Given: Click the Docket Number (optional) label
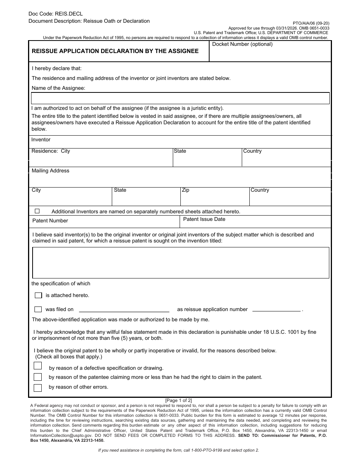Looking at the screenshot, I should click(x=242, y=44).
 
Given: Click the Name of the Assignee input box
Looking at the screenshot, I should click(x=180, y=99).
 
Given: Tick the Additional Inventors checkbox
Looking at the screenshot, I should click(x=37, y=211).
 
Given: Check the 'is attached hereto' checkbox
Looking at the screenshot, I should click(x=38, y=296).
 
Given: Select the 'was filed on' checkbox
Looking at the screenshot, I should click(x=38, y=310).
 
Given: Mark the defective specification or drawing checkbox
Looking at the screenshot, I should click(x=38, y=366).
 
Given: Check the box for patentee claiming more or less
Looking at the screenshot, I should click(x=38, y=377).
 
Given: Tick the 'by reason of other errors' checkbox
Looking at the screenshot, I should click(x=38, y=388).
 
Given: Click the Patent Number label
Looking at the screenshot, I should click(x=50, y=221).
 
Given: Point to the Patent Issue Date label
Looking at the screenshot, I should click(x=204, y=219).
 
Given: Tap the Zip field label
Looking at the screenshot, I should click(x=185, y=190).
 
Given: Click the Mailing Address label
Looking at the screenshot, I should click(x=50, y=171).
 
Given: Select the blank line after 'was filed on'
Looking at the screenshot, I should click(x=124, y=310).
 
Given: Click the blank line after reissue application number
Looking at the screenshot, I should click(x=276, y=310).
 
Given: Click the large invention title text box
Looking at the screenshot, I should click(x=180, y=263).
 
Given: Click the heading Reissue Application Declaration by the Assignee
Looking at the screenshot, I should click(x=115, y=51).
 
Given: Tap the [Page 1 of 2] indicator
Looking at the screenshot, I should click(x=178, y=400).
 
